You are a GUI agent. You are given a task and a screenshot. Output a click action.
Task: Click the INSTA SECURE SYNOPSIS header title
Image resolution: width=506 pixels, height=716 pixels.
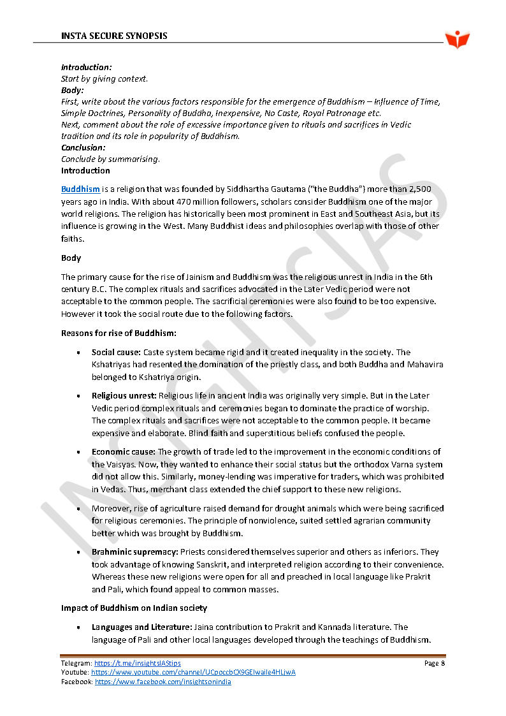114,36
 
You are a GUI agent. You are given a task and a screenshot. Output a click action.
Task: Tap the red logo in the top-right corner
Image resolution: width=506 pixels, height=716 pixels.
457,39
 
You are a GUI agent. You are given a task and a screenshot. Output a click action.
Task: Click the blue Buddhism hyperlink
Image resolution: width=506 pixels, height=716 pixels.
80,189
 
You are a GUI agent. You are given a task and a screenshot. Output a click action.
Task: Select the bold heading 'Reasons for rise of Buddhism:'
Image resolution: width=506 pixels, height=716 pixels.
119,333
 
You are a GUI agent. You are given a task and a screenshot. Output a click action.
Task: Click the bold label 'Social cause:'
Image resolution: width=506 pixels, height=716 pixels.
116,352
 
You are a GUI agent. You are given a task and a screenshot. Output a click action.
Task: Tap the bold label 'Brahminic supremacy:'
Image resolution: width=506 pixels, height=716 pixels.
134,552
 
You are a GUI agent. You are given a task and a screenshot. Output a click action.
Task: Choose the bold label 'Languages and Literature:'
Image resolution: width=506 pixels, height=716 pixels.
141,627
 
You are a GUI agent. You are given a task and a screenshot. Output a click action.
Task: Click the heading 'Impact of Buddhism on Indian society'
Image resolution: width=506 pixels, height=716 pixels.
134,608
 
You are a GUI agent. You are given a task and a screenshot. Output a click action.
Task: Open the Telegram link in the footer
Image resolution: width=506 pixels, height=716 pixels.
137,664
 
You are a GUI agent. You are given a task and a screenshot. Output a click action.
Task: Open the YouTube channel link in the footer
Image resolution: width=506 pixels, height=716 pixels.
193,673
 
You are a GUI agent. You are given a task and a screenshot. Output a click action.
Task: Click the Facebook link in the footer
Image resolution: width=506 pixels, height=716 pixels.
163,682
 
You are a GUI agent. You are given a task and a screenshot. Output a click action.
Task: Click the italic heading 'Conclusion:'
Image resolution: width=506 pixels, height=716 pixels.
83,147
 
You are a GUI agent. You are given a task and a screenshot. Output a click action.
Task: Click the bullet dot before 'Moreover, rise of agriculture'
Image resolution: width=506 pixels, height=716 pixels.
78,509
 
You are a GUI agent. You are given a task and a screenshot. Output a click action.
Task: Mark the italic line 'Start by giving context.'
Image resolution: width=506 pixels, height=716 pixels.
104,78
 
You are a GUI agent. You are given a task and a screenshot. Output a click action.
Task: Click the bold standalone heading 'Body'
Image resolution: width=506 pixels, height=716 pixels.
71,258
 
